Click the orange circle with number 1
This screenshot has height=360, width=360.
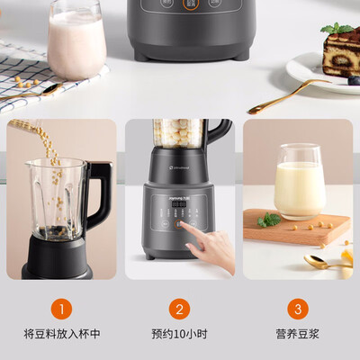[61, 310]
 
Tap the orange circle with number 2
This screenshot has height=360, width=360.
[179, 310]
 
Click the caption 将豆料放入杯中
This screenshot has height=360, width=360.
[61, 334]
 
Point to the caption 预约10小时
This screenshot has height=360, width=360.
[179, 334]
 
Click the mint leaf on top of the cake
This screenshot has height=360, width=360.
[337, 29]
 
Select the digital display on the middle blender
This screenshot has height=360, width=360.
[179, 204]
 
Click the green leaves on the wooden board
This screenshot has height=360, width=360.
[267, 220]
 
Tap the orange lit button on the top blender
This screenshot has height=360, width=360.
[190, 4]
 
